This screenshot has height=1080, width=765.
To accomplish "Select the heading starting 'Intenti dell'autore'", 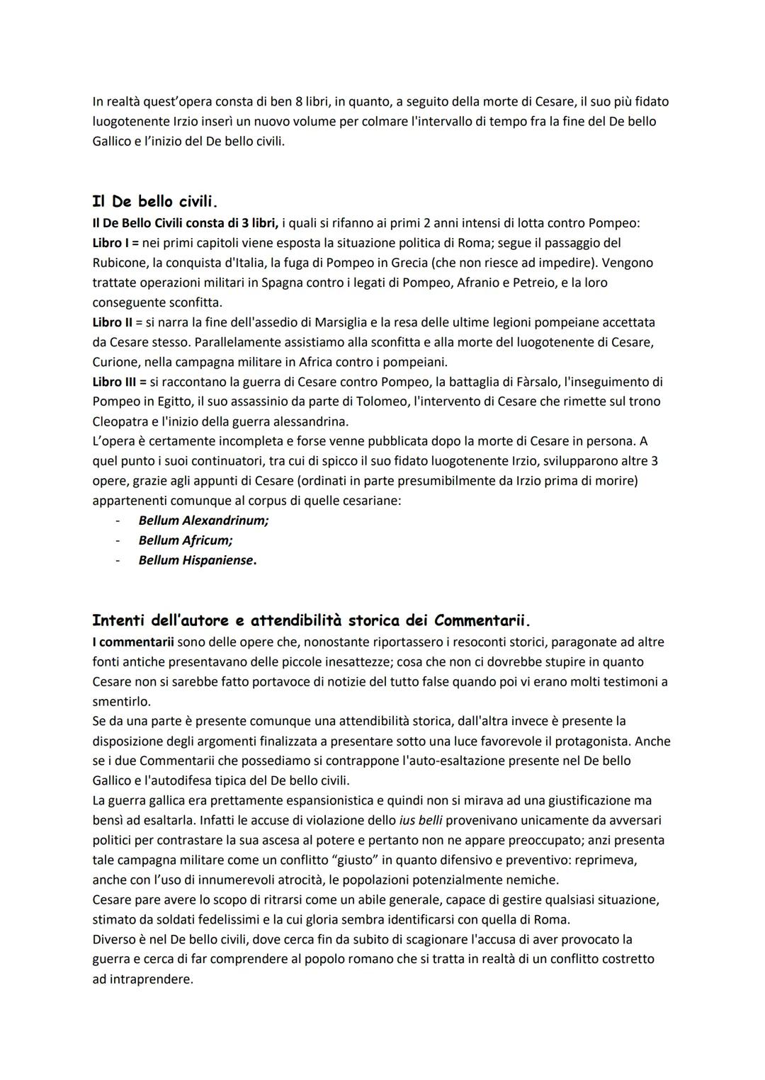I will pos(311,620).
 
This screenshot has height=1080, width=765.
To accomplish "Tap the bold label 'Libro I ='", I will pos(116,243).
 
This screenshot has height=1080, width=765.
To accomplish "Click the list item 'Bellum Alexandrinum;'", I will pos(203,521).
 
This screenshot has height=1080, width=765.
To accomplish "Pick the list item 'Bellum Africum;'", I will pos(186,540).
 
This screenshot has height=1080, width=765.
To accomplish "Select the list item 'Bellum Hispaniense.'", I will pos(198,560).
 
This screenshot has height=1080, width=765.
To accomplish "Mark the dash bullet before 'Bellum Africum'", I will pos(120,540).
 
